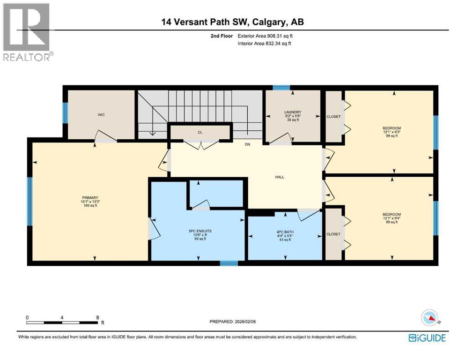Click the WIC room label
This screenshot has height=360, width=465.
pos(101,114)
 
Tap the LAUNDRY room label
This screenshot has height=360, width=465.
pos(292,112)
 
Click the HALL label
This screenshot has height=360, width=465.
pos(280,177)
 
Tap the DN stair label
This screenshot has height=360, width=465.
pos(247,144)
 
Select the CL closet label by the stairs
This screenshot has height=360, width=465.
pos(200,133)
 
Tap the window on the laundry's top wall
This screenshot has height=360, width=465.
pos(281,87)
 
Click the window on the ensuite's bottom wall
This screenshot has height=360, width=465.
pos(228,263)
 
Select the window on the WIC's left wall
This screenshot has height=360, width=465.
pos(65,112)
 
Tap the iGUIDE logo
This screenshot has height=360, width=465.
pos(427,337)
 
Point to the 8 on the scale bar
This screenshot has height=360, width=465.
pos(97,317)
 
